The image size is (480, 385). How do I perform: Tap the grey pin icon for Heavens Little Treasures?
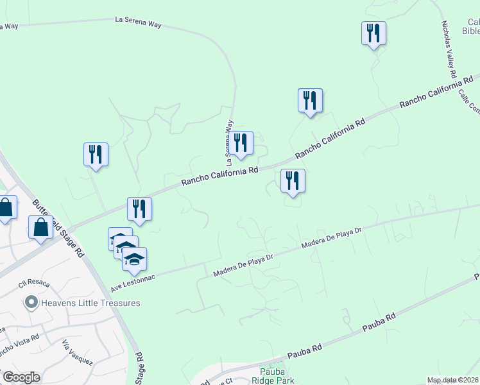[30, 302]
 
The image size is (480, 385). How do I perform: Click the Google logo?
[21, 377]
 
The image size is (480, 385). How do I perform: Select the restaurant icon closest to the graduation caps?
[139, 209]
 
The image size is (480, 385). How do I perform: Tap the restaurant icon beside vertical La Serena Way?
[241, 143]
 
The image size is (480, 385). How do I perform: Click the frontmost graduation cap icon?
[134, 259]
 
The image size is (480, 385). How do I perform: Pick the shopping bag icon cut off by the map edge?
[6, 208]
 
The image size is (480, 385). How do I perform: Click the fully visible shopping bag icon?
[41, 227]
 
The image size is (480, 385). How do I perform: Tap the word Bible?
[472, 30]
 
